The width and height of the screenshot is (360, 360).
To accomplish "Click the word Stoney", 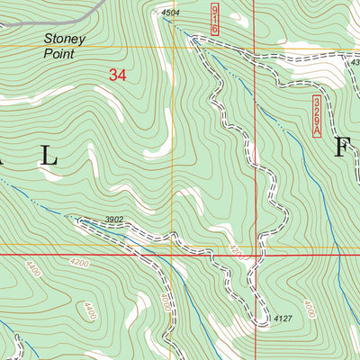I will pos(63,40).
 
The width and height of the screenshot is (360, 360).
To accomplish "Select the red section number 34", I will pos(117,76).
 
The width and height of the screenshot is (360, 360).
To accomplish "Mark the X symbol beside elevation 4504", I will pos(157,13).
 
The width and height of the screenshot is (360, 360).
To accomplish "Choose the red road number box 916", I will pos(215,19).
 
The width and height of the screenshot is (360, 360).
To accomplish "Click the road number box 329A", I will pos(317,117).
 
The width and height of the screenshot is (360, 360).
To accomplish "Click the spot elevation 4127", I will pos(283,319).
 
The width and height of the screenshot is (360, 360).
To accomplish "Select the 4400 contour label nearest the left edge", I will pos(33,268).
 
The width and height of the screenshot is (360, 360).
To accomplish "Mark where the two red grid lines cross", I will pos(254,255).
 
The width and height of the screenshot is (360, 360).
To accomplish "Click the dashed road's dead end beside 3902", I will pos(81,220).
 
